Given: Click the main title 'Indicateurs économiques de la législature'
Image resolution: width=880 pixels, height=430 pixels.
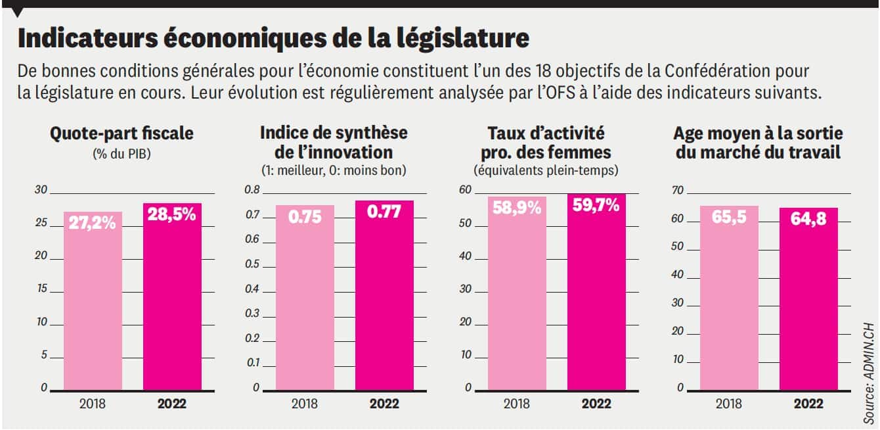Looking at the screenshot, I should (273, 39).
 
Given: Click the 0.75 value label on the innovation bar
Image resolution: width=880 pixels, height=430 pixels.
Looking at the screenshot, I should (305, 217).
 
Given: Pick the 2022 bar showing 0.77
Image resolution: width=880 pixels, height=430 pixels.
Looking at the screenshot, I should (384, 296).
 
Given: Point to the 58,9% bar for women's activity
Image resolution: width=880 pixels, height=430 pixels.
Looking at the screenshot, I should (517, 296).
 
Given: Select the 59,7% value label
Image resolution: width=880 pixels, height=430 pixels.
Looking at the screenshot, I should (596, 206).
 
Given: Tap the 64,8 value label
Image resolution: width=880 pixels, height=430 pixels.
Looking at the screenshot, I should (808, 219).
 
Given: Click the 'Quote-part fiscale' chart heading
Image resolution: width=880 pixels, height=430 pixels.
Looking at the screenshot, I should (122, 133).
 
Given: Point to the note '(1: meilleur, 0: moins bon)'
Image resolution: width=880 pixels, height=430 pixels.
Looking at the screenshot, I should (334, 171).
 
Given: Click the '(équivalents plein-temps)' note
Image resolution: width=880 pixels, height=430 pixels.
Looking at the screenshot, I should (546, 171).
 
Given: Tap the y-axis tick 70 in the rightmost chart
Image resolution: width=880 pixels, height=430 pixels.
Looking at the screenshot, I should (677, 191).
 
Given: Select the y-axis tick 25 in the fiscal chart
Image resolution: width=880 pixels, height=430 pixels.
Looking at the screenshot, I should (41, 224).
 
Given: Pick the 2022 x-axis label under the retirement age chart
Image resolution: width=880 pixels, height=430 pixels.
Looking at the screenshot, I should (808, 404).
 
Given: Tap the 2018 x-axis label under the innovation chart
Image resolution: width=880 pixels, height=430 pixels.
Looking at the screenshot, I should (305, 404).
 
